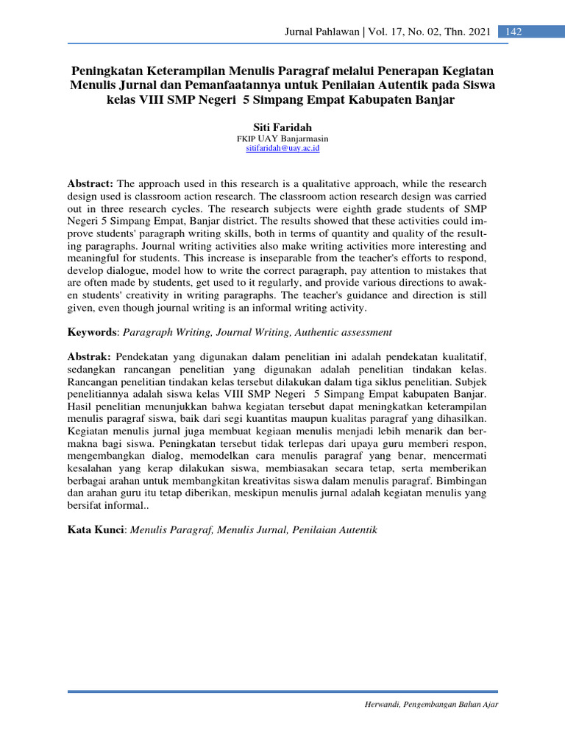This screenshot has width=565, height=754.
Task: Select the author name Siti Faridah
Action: [x=282, y=127]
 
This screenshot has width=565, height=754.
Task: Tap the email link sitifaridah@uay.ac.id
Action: [x=282, y=148]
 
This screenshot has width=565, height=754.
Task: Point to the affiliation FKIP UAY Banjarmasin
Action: [x=282, y=138]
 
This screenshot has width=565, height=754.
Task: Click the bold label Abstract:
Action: [x=90, y=182]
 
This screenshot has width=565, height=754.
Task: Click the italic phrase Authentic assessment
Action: [x=345, y=333]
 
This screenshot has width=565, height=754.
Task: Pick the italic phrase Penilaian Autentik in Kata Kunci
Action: [x=335, y=530]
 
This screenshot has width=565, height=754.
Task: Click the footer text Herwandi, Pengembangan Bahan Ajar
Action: [x=431, y=705]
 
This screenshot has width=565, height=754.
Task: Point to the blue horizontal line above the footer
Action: [x=282, y=691]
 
